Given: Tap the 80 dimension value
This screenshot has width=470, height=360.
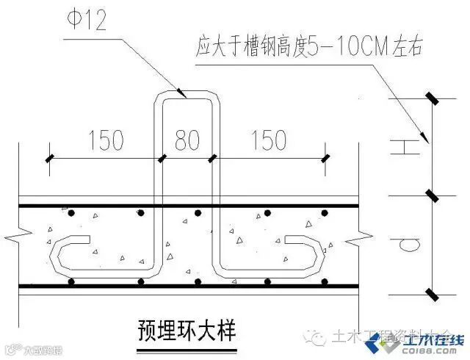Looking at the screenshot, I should click(187, 139).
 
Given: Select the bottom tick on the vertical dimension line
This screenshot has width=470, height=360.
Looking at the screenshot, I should click(431, 295).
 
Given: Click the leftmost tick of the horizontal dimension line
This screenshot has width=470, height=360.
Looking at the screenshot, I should click(50, 157).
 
